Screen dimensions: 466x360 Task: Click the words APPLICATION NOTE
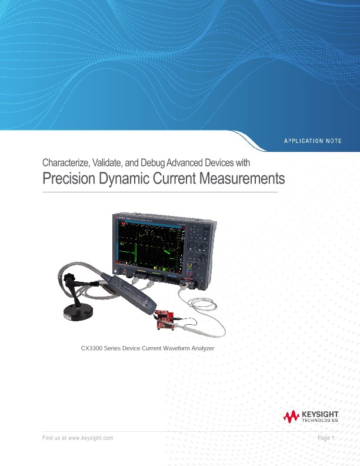point(312,141)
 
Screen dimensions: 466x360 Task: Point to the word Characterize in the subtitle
point(63,162)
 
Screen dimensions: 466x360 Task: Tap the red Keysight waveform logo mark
point(291,418)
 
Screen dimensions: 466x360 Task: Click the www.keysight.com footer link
point(91,438)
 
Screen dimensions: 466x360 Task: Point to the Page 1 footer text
point(325,438)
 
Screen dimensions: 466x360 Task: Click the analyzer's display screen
point(150,243)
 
